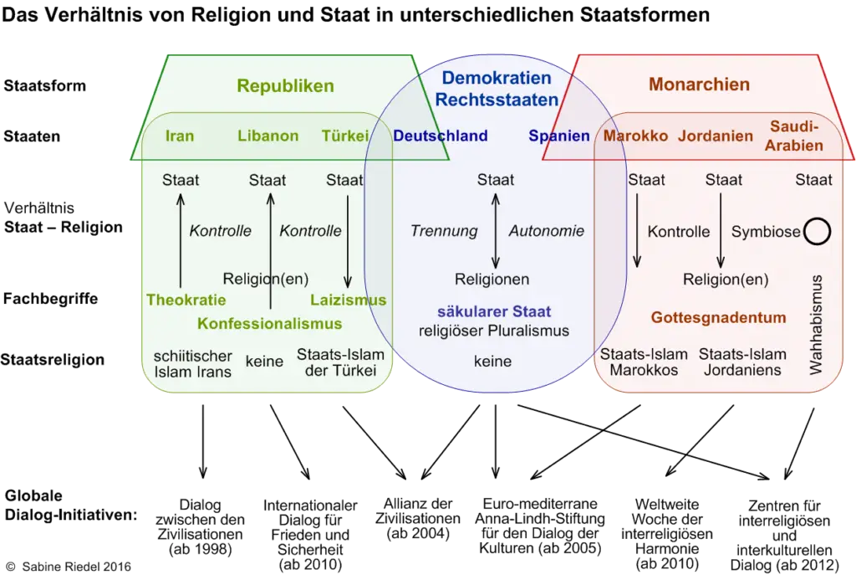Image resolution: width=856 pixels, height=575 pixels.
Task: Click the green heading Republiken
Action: (285, 85)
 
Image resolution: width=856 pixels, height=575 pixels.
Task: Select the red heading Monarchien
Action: (699, 85)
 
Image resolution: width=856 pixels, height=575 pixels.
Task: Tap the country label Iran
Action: (180, 136)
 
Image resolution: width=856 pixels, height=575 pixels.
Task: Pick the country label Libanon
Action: (267, 136)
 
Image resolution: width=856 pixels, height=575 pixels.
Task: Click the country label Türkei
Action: (344, 136)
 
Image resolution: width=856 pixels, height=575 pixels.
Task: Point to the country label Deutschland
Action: (441, 136)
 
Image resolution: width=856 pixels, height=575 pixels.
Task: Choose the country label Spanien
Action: (558, 136)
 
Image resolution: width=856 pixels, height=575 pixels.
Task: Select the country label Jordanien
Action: (715, 136)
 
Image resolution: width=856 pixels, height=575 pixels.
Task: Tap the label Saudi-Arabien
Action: (796, 136)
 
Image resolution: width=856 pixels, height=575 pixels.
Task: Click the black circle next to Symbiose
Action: (817, 232)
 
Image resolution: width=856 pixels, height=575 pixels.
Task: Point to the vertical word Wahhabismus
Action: (818, 323)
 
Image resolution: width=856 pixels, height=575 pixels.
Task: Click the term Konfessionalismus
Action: (269, 323)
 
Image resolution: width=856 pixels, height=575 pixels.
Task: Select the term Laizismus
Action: (348, 300)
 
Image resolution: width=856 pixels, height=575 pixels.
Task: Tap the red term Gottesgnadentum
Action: (718, 318)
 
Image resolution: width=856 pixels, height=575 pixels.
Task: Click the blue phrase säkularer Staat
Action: (484, 312)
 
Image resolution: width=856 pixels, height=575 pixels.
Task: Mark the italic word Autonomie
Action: (546, 231)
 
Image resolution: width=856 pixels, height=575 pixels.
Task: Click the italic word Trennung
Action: (444, 231)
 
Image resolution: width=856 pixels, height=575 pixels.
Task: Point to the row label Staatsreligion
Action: (53, 360)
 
